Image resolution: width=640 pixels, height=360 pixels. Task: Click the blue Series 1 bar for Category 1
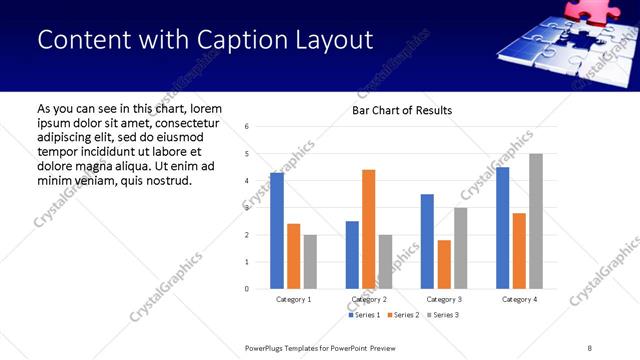click(277, 231)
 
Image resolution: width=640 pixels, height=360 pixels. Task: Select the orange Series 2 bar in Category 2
click(368, 229)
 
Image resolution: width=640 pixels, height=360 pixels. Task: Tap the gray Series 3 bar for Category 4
click(536, 221)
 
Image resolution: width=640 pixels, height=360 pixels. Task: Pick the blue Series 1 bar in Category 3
click(427, 241)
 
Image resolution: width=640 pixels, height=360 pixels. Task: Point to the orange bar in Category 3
click(444, 264)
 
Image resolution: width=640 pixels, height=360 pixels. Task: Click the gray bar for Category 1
click(310, 261)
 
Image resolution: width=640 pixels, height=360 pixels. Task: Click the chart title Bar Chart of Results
click(402, 110)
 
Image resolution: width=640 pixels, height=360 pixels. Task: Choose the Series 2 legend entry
click(402, 316)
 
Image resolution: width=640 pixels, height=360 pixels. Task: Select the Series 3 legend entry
click(441, 316)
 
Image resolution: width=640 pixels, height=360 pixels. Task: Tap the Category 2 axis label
click(369, 299)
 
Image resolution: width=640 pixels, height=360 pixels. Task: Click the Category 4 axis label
click(519, 299)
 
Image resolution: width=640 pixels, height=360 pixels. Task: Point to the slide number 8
click(590, 348)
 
